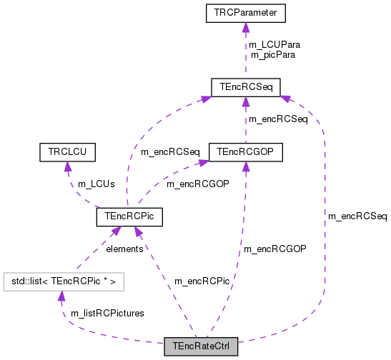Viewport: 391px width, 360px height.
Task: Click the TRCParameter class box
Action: tap(245, 12)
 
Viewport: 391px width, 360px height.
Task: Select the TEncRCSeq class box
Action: tap(245, 87)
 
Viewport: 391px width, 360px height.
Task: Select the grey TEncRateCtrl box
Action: tap(200, 347)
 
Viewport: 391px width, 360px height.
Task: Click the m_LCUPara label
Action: tap(274, 44)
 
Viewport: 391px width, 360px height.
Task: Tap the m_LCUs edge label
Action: tap(96, 184)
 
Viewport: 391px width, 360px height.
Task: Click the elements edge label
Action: tap(124, 249)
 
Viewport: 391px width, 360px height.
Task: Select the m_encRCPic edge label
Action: tap(202, 281)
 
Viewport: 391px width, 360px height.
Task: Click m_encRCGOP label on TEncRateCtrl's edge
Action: tap(275, 249)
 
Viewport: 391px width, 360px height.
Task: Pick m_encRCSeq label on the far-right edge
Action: tap(357, 216)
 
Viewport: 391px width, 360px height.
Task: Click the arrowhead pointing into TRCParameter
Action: tap(245, 27)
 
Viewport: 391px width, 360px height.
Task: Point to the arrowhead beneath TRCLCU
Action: tap(67, 166)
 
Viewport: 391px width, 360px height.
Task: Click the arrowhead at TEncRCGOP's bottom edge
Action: tap(245, 166)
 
